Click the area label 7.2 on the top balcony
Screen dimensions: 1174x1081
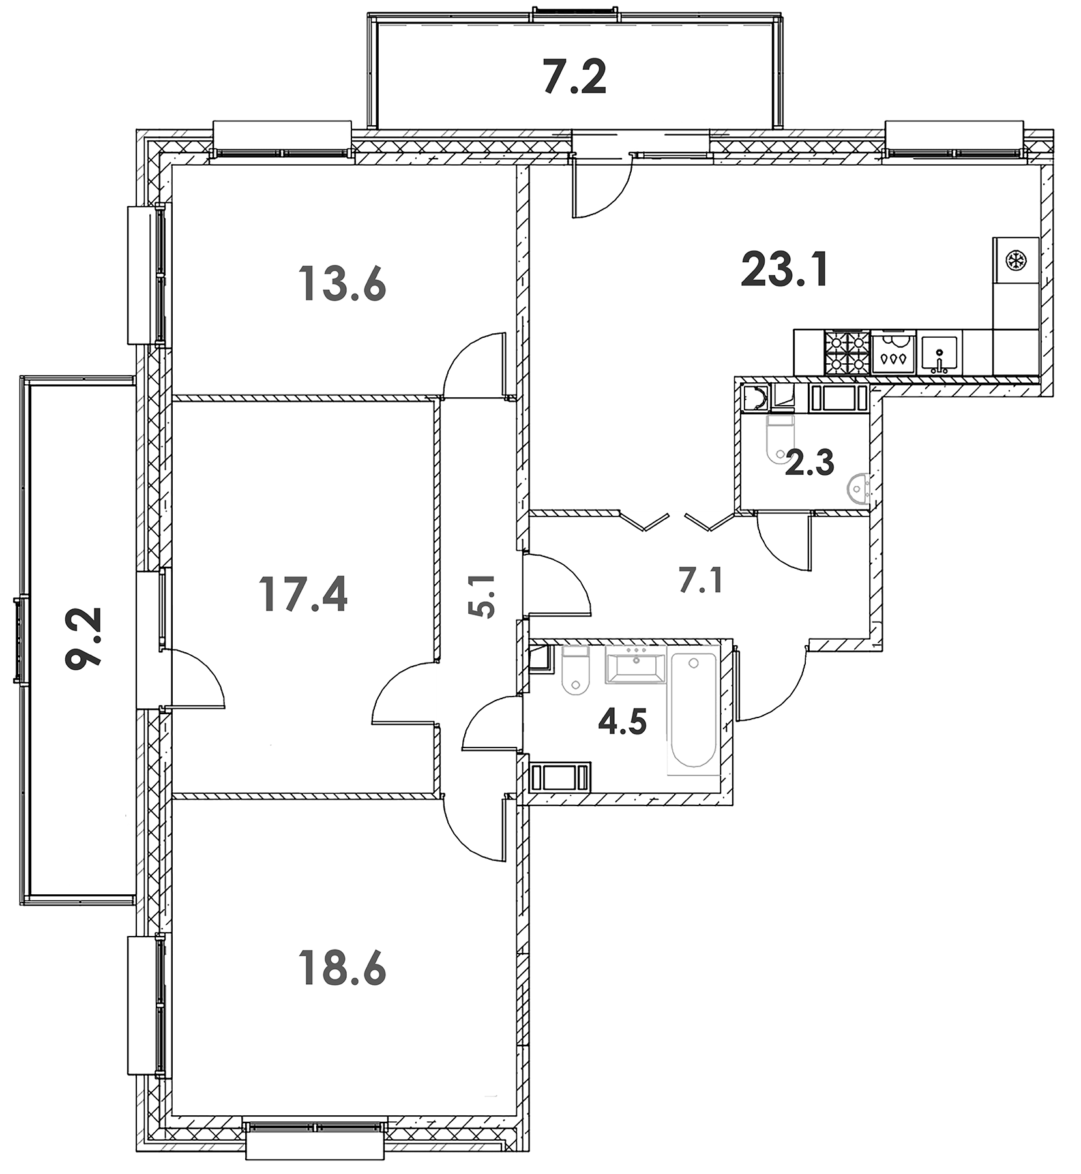coord(574,77)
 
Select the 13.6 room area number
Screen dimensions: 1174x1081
coord(342,284)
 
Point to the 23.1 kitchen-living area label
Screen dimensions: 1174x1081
coord(785,270)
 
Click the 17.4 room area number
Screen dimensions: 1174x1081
coord(303,594)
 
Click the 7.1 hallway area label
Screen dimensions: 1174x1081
coord(701,580)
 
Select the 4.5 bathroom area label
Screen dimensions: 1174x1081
coord(623,723)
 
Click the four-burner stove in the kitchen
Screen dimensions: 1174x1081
coord(846,352)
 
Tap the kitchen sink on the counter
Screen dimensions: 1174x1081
coord(940,353)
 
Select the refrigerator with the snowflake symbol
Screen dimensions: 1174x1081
coord(1015,261)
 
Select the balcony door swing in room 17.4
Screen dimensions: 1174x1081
coord(196,682)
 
